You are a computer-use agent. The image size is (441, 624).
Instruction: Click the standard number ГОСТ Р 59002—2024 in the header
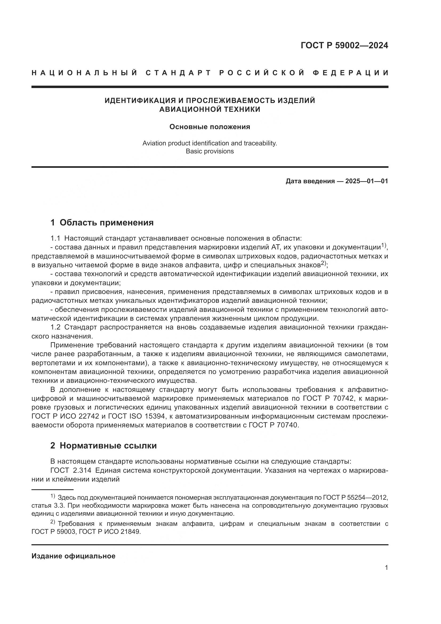coord(344,45)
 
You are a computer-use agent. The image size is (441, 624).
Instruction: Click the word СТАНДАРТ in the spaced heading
coord(178,73)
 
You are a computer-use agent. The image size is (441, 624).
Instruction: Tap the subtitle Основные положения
coord(210,127)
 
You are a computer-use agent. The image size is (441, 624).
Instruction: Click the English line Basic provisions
coord(210,151)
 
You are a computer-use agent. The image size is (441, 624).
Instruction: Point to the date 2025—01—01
coord(367,181)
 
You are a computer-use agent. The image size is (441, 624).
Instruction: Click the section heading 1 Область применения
coord(102,222)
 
